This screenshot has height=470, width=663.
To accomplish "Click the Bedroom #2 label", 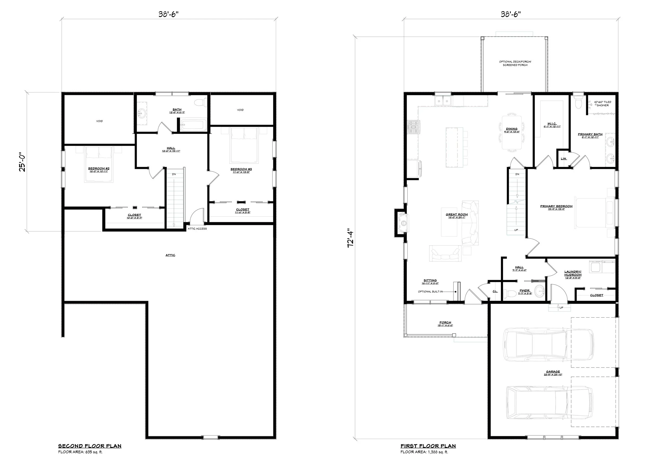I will [98, 169].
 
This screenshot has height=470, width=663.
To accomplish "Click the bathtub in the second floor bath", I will [193, 126].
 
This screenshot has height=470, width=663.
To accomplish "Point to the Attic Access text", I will [197, 229].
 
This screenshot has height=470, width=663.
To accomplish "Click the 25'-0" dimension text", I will [22, 162].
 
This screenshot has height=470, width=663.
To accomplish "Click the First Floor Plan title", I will [428, 446].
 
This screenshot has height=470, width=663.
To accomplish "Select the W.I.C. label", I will [552, 123].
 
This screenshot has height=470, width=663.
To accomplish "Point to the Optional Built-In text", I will [430, 292].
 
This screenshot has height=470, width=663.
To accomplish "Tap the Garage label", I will [553, 372].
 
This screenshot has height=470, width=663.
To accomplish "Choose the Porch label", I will [445, 322].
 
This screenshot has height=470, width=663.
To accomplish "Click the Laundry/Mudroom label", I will [573, 273].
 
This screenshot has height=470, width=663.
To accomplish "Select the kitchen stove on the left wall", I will [413, 127].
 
